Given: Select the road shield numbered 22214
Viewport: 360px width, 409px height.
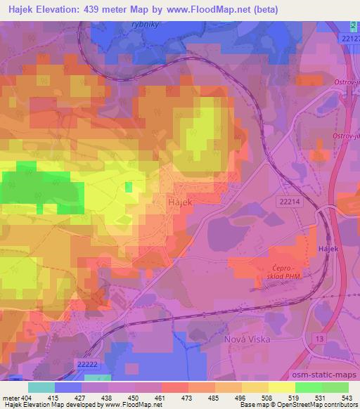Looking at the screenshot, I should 288,201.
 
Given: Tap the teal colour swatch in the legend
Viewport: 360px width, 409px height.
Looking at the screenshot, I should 41,387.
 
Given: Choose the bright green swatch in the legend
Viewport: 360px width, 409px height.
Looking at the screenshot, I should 308,387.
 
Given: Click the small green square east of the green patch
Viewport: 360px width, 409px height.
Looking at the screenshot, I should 128,186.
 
